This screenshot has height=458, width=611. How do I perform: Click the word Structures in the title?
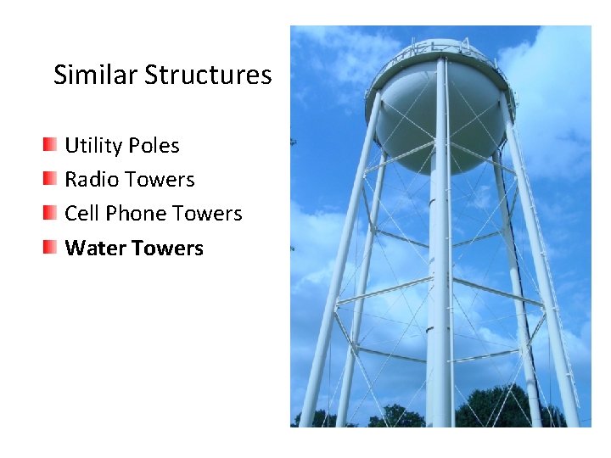click(208, 75)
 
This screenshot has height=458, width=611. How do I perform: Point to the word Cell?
click(82, 214)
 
